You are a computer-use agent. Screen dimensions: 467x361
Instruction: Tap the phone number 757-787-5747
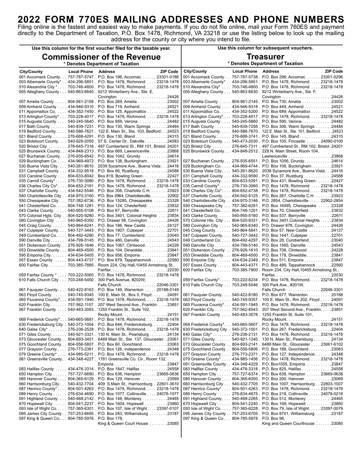pyautogui.click(x=81, y=77)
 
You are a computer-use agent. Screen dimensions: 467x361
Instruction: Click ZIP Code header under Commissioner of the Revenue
pyautogui.click(x=169, y=71)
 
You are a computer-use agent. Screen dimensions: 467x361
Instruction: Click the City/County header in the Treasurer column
pyautogui.click(x=195, y=71)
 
